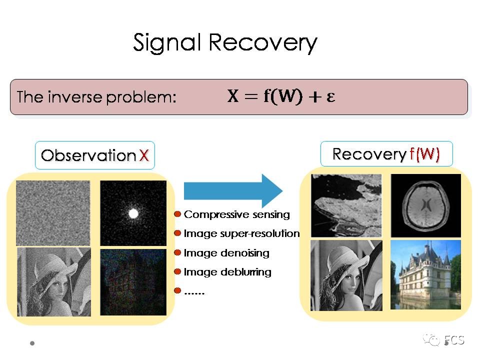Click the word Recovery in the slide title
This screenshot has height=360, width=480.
[x=262, y=43]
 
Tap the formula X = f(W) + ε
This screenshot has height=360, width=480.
[x=281, y=96]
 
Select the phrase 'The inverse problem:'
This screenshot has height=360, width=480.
[x=96, y=97]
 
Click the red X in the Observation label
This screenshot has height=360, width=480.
[x=144, y=155]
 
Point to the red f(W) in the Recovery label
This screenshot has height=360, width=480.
[x=424, y=154]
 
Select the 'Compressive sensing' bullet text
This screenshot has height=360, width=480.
[x=236, y=214]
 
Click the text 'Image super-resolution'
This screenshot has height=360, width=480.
[x=241, y=233]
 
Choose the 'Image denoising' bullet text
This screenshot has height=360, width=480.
[x=226, y=253]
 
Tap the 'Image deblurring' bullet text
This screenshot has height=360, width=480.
[x=227, y=272]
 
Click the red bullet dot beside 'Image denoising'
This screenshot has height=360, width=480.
[x=177, y=253]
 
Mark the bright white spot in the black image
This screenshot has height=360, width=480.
[x=133, y=214]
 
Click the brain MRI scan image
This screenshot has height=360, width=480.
[x=425, y=205]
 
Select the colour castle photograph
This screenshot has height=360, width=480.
[x=425, y=274]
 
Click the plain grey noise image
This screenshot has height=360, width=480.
[x=53, y=213]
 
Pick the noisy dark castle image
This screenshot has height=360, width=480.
[x=133, y=282]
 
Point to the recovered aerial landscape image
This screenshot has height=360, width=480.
[x=346, y=205]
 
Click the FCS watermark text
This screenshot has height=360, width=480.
[x=454, y=340]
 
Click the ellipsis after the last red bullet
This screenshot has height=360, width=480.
[x=194, y=291]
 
